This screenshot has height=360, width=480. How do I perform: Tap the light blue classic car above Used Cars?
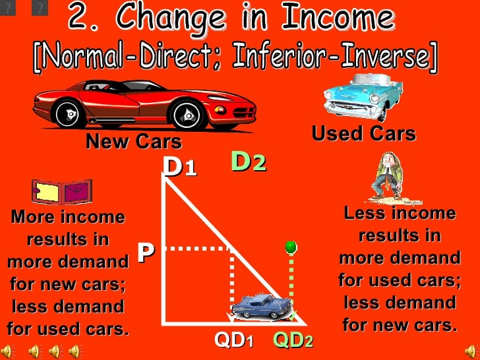pos(363,95)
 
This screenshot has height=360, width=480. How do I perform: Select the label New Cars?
pos(133,141)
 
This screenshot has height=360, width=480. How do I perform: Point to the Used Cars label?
pos(363,134)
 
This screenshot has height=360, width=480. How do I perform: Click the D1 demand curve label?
pos(180,166)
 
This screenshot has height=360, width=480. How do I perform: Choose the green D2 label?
pos(249,162)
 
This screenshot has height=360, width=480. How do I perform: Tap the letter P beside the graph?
pos(146,252)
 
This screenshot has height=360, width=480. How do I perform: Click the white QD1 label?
pos(234,341)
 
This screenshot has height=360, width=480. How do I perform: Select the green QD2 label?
pos(293,341)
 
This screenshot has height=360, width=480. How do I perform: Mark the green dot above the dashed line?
pos(289,247)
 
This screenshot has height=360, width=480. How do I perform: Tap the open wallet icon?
pos(62,191)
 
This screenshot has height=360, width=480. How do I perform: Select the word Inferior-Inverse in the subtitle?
pos(343,59)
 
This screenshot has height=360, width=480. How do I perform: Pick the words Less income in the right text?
pos(400,213)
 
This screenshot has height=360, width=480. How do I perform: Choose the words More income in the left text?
pos(68,217)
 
